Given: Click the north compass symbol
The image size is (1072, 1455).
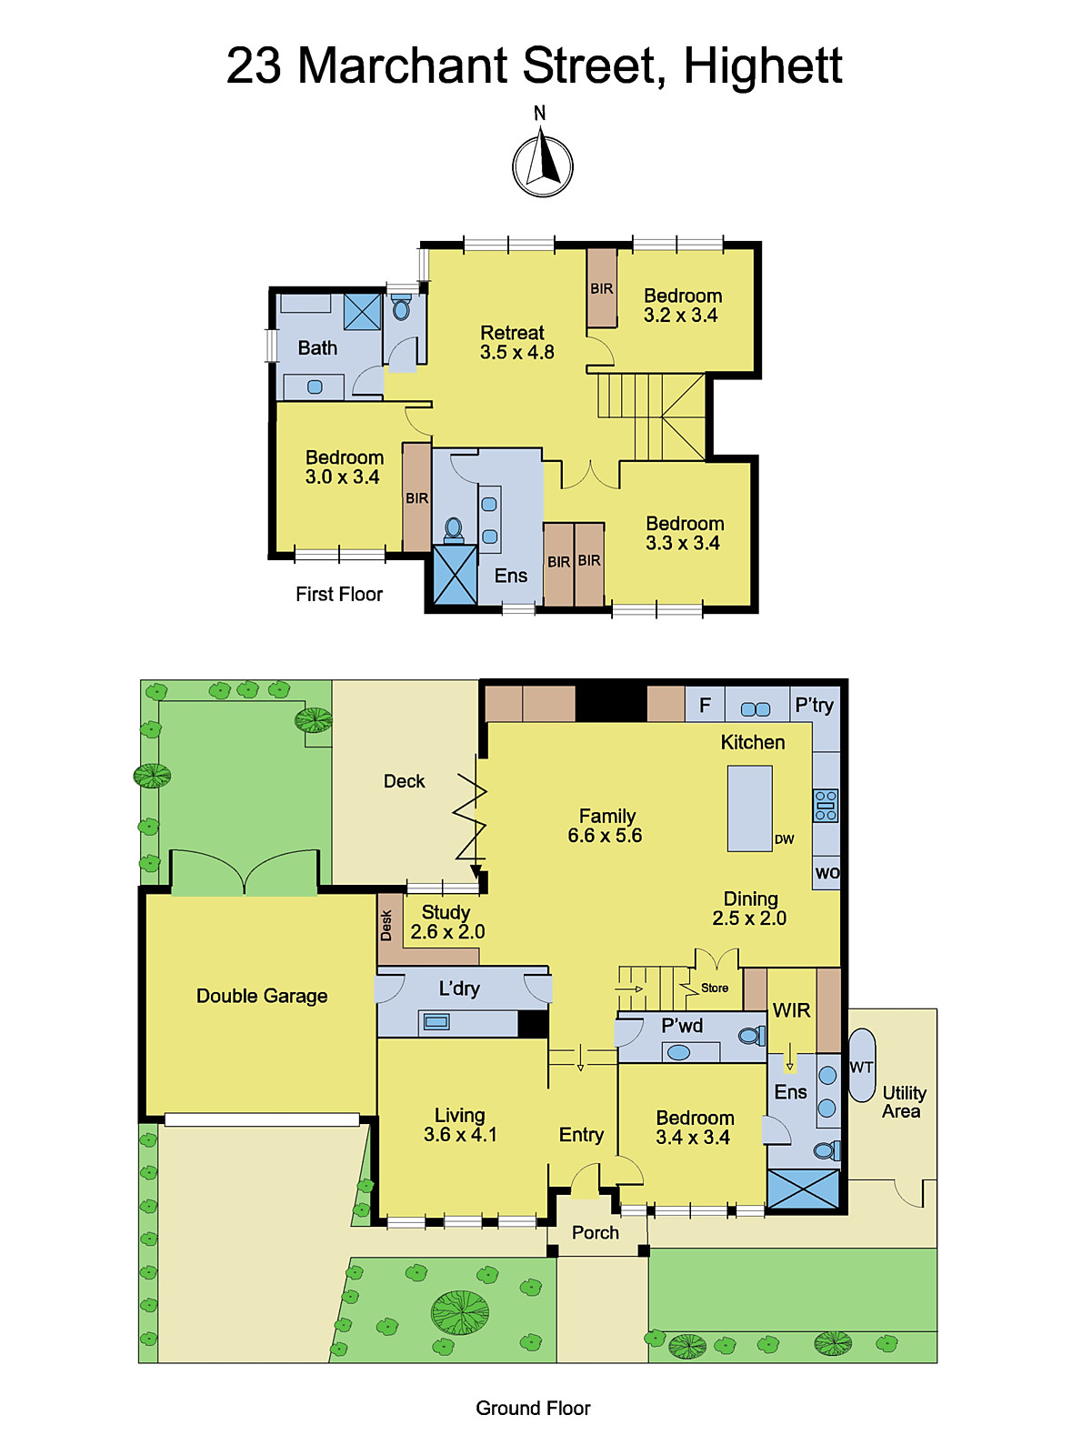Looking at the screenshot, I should point(543,165).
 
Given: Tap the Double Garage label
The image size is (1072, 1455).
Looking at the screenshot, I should point(262,996).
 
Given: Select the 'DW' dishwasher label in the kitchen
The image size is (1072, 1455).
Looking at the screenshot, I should point(784,839).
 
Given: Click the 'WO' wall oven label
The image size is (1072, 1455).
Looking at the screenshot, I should point(827,873).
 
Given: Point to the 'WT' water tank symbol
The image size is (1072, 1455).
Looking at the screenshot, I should point(861,1067).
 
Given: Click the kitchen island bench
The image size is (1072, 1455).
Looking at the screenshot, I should point(749,808).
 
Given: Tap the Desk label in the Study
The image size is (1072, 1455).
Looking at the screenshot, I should point(386,925).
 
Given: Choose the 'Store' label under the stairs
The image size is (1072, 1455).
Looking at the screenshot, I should point(715,988).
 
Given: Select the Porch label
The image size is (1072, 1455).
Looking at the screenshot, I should point(596,1232).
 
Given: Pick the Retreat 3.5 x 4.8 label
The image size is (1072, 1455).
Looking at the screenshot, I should point(516,343).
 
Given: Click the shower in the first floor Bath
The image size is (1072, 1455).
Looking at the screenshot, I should point(362,312).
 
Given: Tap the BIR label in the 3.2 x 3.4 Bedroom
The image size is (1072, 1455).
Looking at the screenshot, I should point(602,289).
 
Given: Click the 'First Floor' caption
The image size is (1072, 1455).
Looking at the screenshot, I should point(339,594).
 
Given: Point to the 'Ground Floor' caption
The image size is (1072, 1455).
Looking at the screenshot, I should point(533,1408).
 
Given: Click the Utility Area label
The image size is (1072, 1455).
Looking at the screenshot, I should point(903,1102).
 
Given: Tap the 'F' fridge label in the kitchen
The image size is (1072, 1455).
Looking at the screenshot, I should point(705,705).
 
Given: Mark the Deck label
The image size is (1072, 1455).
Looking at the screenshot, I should point(404,781).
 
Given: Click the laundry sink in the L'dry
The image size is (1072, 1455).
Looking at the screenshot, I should point(436,1021).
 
